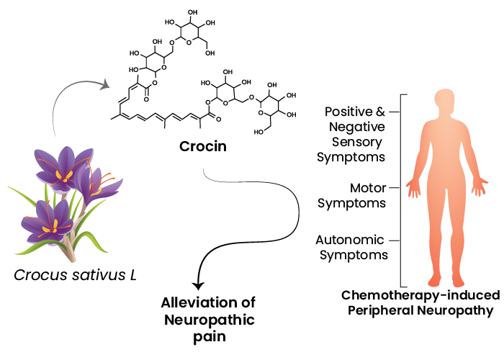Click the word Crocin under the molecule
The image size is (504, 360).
click(203, 147)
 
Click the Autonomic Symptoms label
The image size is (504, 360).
click(354, 246)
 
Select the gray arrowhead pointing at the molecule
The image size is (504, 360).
click(105, 85)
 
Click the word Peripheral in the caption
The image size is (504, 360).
click(397, 311)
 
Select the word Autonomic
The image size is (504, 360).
click(354, 239)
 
